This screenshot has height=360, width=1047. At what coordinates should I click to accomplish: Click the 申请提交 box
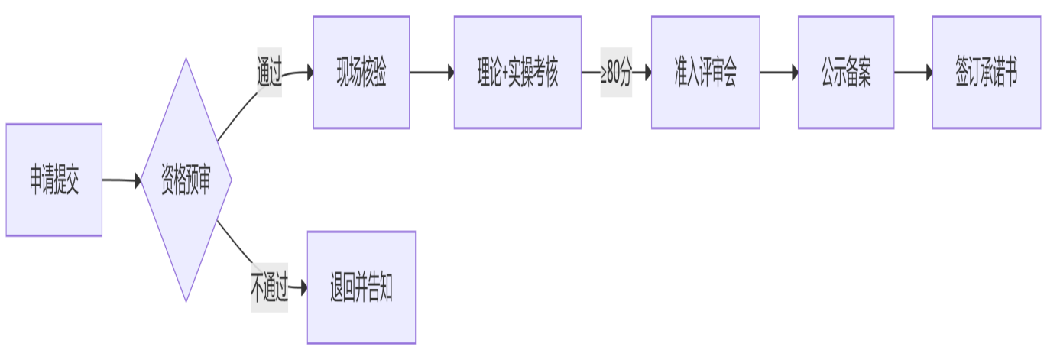(53, 180)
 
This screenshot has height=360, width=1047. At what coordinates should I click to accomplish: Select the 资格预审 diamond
(186, 180)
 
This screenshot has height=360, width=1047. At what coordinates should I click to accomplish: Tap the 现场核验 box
(361, 73)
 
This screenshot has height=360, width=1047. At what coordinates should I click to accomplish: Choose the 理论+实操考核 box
(517, 73)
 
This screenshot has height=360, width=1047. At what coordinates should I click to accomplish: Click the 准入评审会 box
(705, 73)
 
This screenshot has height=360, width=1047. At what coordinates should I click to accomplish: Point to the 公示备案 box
(845, 73)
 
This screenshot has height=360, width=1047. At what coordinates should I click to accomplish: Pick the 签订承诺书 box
(986, 73)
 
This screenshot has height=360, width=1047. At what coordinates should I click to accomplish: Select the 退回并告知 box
(361, 287)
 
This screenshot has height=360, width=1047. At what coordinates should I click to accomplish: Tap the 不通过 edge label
(269, 288)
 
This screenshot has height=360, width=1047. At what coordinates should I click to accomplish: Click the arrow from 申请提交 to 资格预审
(121, 180)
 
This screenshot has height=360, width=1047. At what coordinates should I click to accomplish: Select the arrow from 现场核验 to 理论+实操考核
(431, 73)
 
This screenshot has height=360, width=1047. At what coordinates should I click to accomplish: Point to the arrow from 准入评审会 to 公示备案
(778, 73)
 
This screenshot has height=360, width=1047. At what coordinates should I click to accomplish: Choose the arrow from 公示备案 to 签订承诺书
(912, 73)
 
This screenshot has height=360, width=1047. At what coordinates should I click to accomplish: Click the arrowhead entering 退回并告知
(303, 287)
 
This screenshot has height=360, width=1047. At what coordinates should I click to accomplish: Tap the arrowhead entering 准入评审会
(647, 73)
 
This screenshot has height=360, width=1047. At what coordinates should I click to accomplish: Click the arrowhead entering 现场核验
(309, 73)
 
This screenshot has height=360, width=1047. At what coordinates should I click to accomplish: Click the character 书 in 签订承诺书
(1010, 74)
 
